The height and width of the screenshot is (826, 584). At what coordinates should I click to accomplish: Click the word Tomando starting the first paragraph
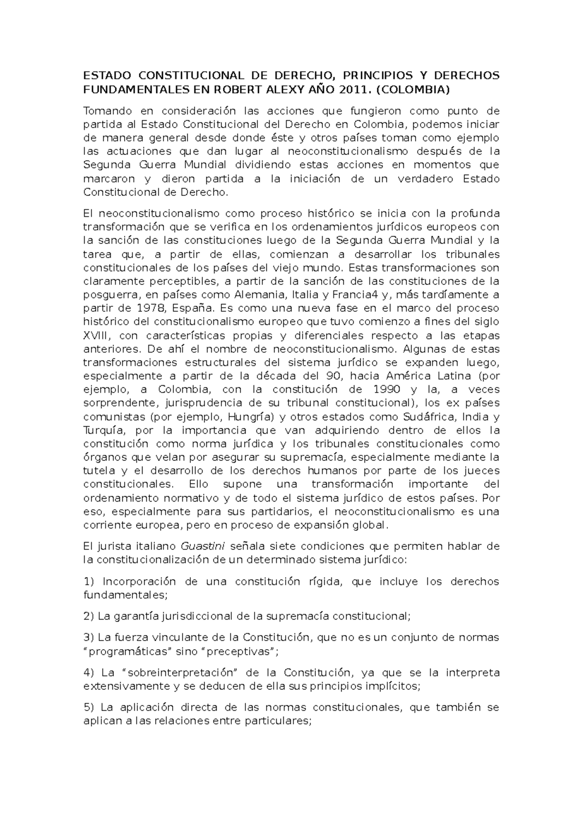tap(104, 111)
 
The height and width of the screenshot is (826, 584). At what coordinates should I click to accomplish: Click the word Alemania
tap(260, 295)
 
